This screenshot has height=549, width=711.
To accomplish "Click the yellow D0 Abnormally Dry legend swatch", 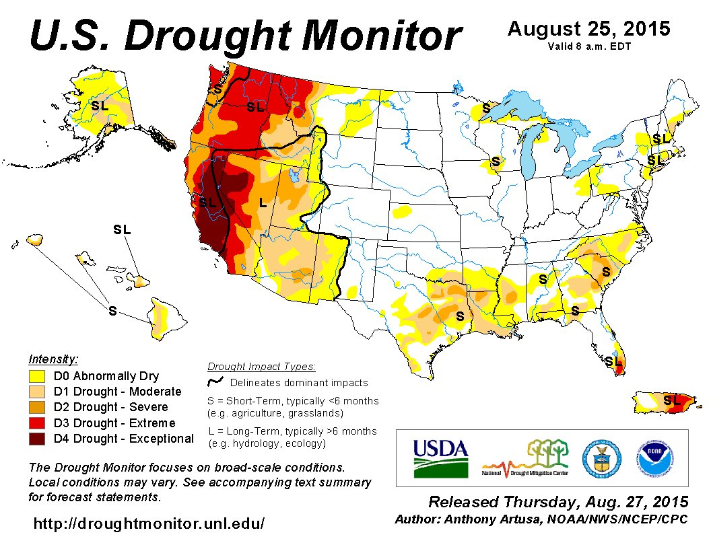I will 37,376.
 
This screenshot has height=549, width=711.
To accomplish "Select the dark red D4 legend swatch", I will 37,439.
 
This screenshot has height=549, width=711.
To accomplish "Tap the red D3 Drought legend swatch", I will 37,423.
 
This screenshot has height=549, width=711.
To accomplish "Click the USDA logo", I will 440,458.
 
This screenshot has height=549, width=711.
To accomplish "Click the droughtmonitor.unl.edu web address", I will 149,523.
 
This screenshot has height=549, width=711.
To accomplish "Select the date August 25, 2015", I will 588,29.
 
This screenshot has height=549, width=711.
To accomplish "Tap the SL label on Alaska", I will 100,106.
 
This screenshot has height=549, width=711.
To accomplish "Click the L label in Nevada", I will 263,202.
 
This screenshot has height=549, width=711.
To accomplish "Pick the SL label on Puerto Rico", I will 671,400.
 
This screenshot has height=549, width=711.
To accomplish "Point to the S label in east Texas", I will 461,316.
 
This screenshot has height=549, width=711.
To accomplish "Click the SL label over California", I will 207,202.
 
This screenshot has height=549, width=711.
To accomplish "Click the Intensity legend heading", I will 53,359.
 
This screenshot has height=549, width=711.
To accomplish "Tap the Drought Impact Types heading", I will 261,367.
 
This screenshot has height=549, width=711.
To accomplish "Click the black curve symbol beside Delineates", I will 216,382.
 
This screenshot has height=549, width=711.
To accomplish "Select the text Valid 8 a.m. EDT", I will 588,46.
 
